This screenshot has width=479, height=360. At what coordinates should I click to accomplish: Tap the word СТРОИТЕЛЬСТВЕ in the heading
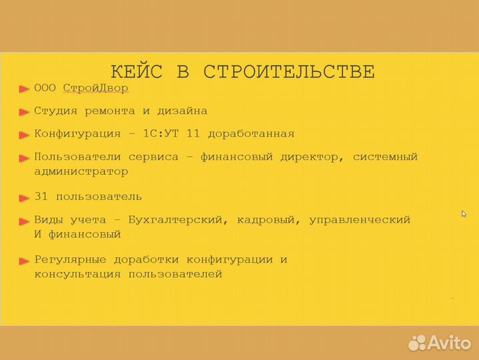point(288,71)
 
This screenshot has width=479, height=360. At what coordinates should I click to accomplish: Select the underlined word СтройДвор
point(96,88)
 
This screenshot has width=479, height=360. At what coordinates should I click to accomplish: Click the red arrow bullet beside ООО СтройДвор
point(24,89)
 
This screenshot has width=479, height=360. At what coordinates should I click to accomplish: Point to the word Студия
point(55,111)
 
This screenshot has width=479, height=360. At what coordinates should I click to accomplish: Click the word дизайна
point(181,111)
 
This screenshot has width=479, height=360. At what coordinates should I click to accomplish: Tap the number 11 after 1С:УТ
point(193,133)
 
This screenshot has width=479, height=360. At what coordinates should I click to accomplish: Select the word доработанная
point(251,133)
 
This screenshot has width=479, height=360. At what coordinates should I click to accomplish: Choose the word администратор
point(81,171)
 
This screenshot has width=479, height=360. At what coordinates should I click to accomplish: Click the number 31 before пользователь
point(41,197)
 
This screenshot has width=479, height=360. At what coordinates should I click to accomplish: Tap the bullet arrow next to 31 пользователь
point(24,198)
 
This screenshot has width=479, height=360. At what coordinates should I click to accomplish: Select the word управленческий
point(360,219)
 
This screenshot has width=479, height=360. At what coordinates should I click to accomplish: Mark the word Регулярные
point(70,259)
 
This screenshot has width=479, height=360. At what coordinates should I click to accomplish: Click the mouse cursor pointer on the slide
point(464,213)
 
